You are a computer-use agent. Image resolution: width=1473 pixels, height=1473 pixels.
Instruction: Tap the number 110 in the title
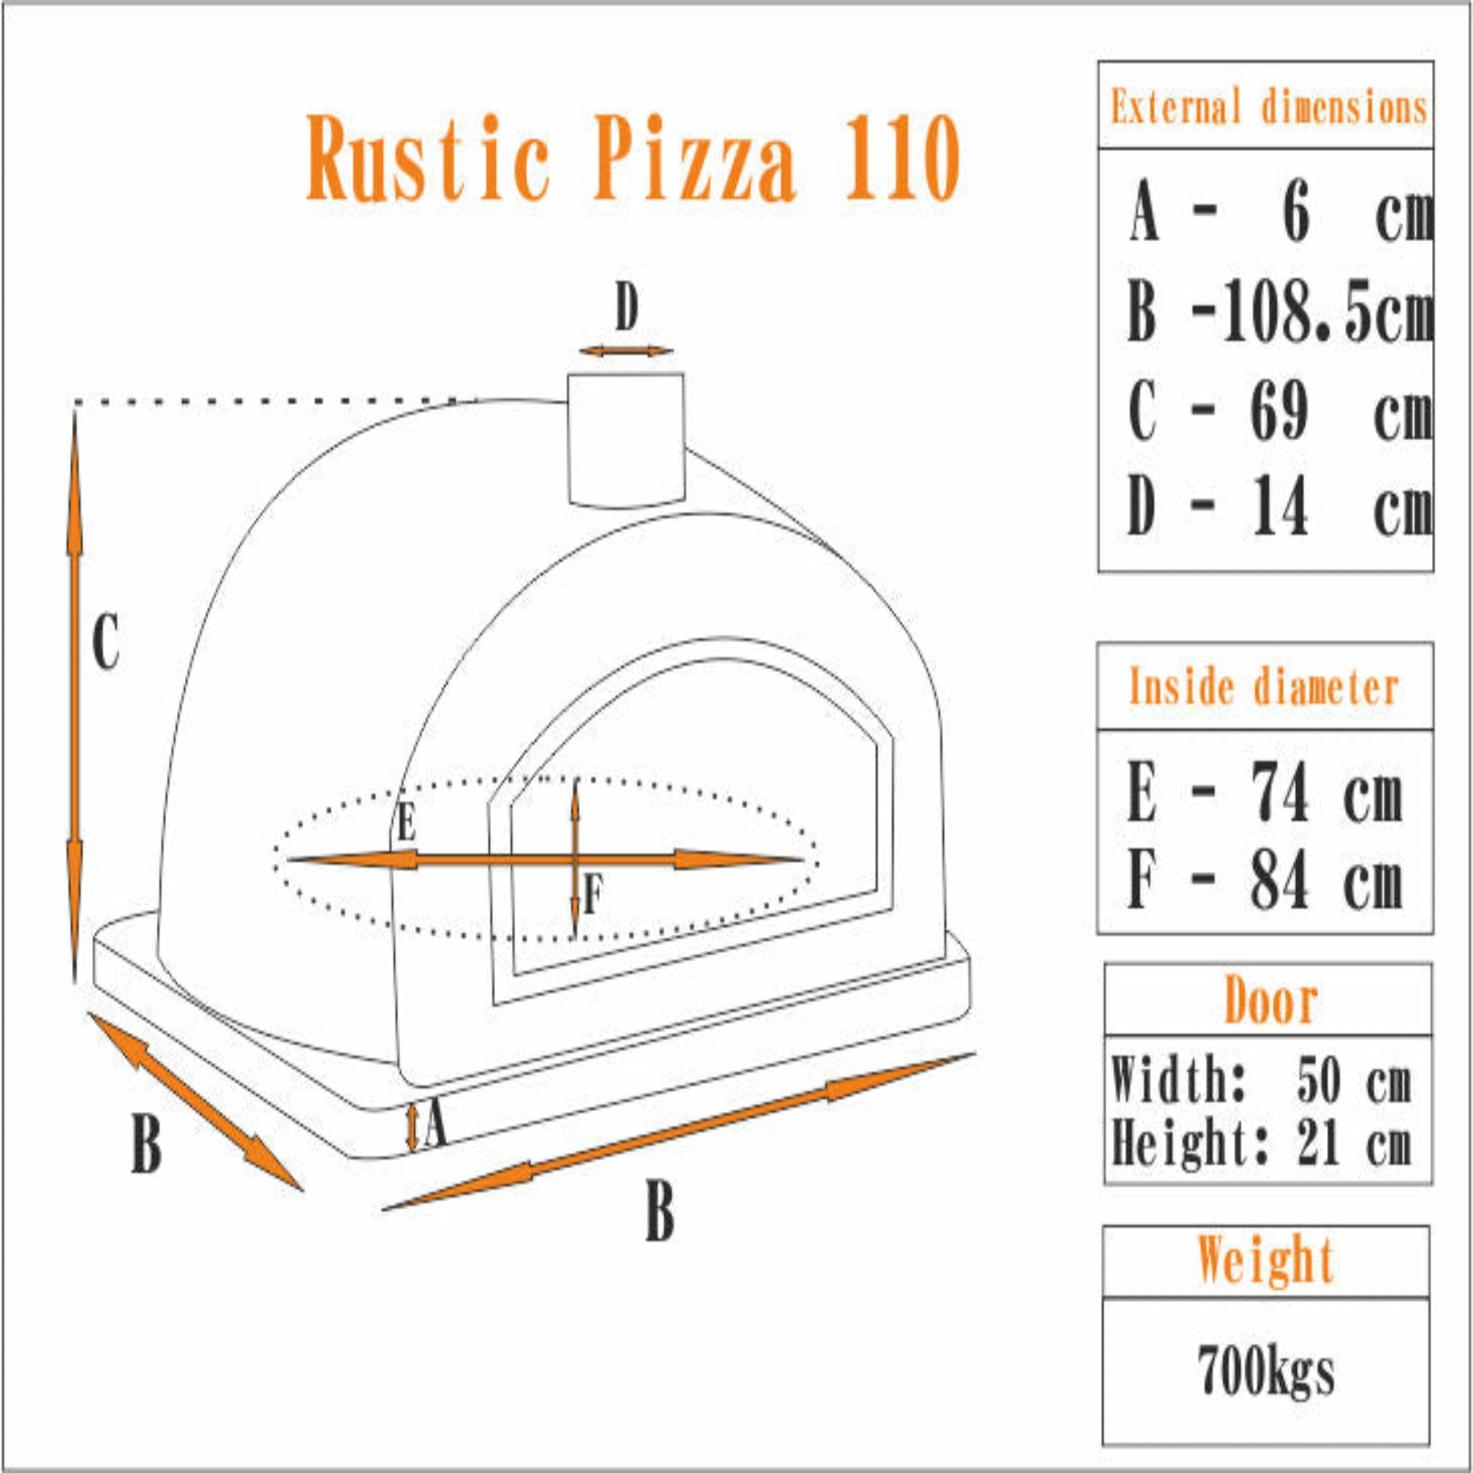point(901,158)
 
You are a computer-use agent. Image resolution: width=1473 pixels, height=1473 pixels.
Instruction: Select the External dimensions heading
point(1268,106)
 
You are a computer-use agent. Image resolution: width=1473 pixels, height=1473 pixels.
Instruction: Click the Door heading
point(1270,1001)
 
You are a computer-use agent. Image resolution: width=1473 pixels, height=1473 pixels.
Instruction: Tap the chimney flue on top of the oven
point(625,439)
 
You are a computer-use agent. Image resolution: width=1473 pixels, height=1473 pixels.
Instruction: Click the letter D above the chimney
point(626,310)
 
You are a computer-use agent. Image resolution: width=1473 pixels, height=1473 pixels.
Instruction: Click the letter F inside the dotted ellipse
point(593,894)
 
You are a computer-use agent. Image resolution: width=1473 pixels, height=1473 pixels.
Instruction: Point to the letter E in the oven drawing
point(406,824)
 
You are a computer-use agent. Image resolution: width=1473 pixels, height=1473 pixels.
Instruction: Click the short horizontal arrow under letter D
point(626,351)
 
